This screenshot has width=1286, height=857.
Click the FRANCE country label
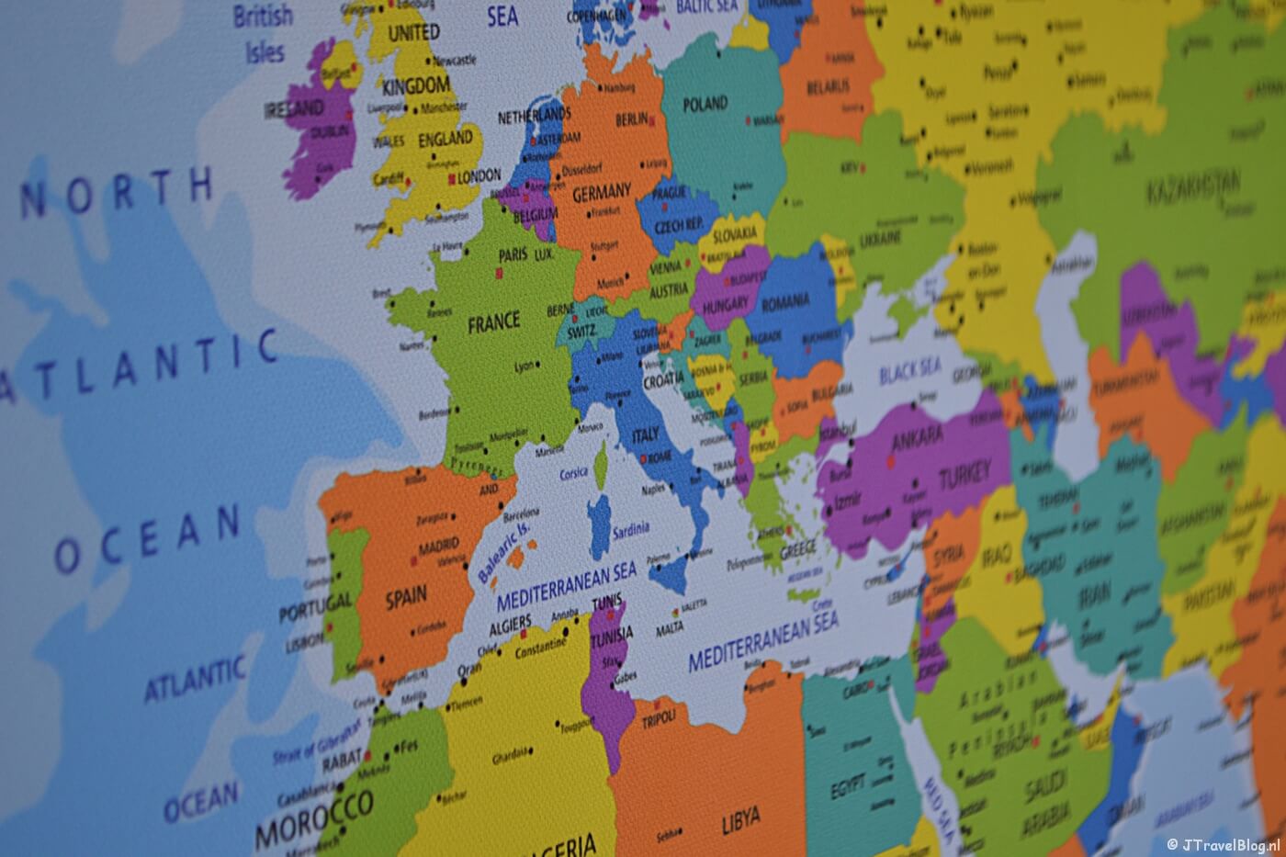(x=493, y=322)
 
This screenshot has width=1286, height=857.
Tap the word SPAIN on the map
(x=406, y=597)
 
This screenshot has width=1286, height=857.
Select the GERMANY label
(x=602, y=193)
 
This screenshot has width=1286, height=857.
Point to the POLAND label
(x=705, y=104)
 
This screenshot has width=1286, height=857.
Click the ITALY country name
(x=646, y=437)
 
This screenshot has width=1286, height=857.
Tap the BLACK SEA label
(x=909, y=370)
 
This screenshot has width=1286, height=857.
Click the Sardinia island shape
(x=599, y=523)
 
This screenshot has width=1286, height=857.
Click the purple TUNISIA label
(x=612, y=635)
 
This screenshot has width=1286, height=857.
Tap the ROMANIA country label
(x=785, y=301)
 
